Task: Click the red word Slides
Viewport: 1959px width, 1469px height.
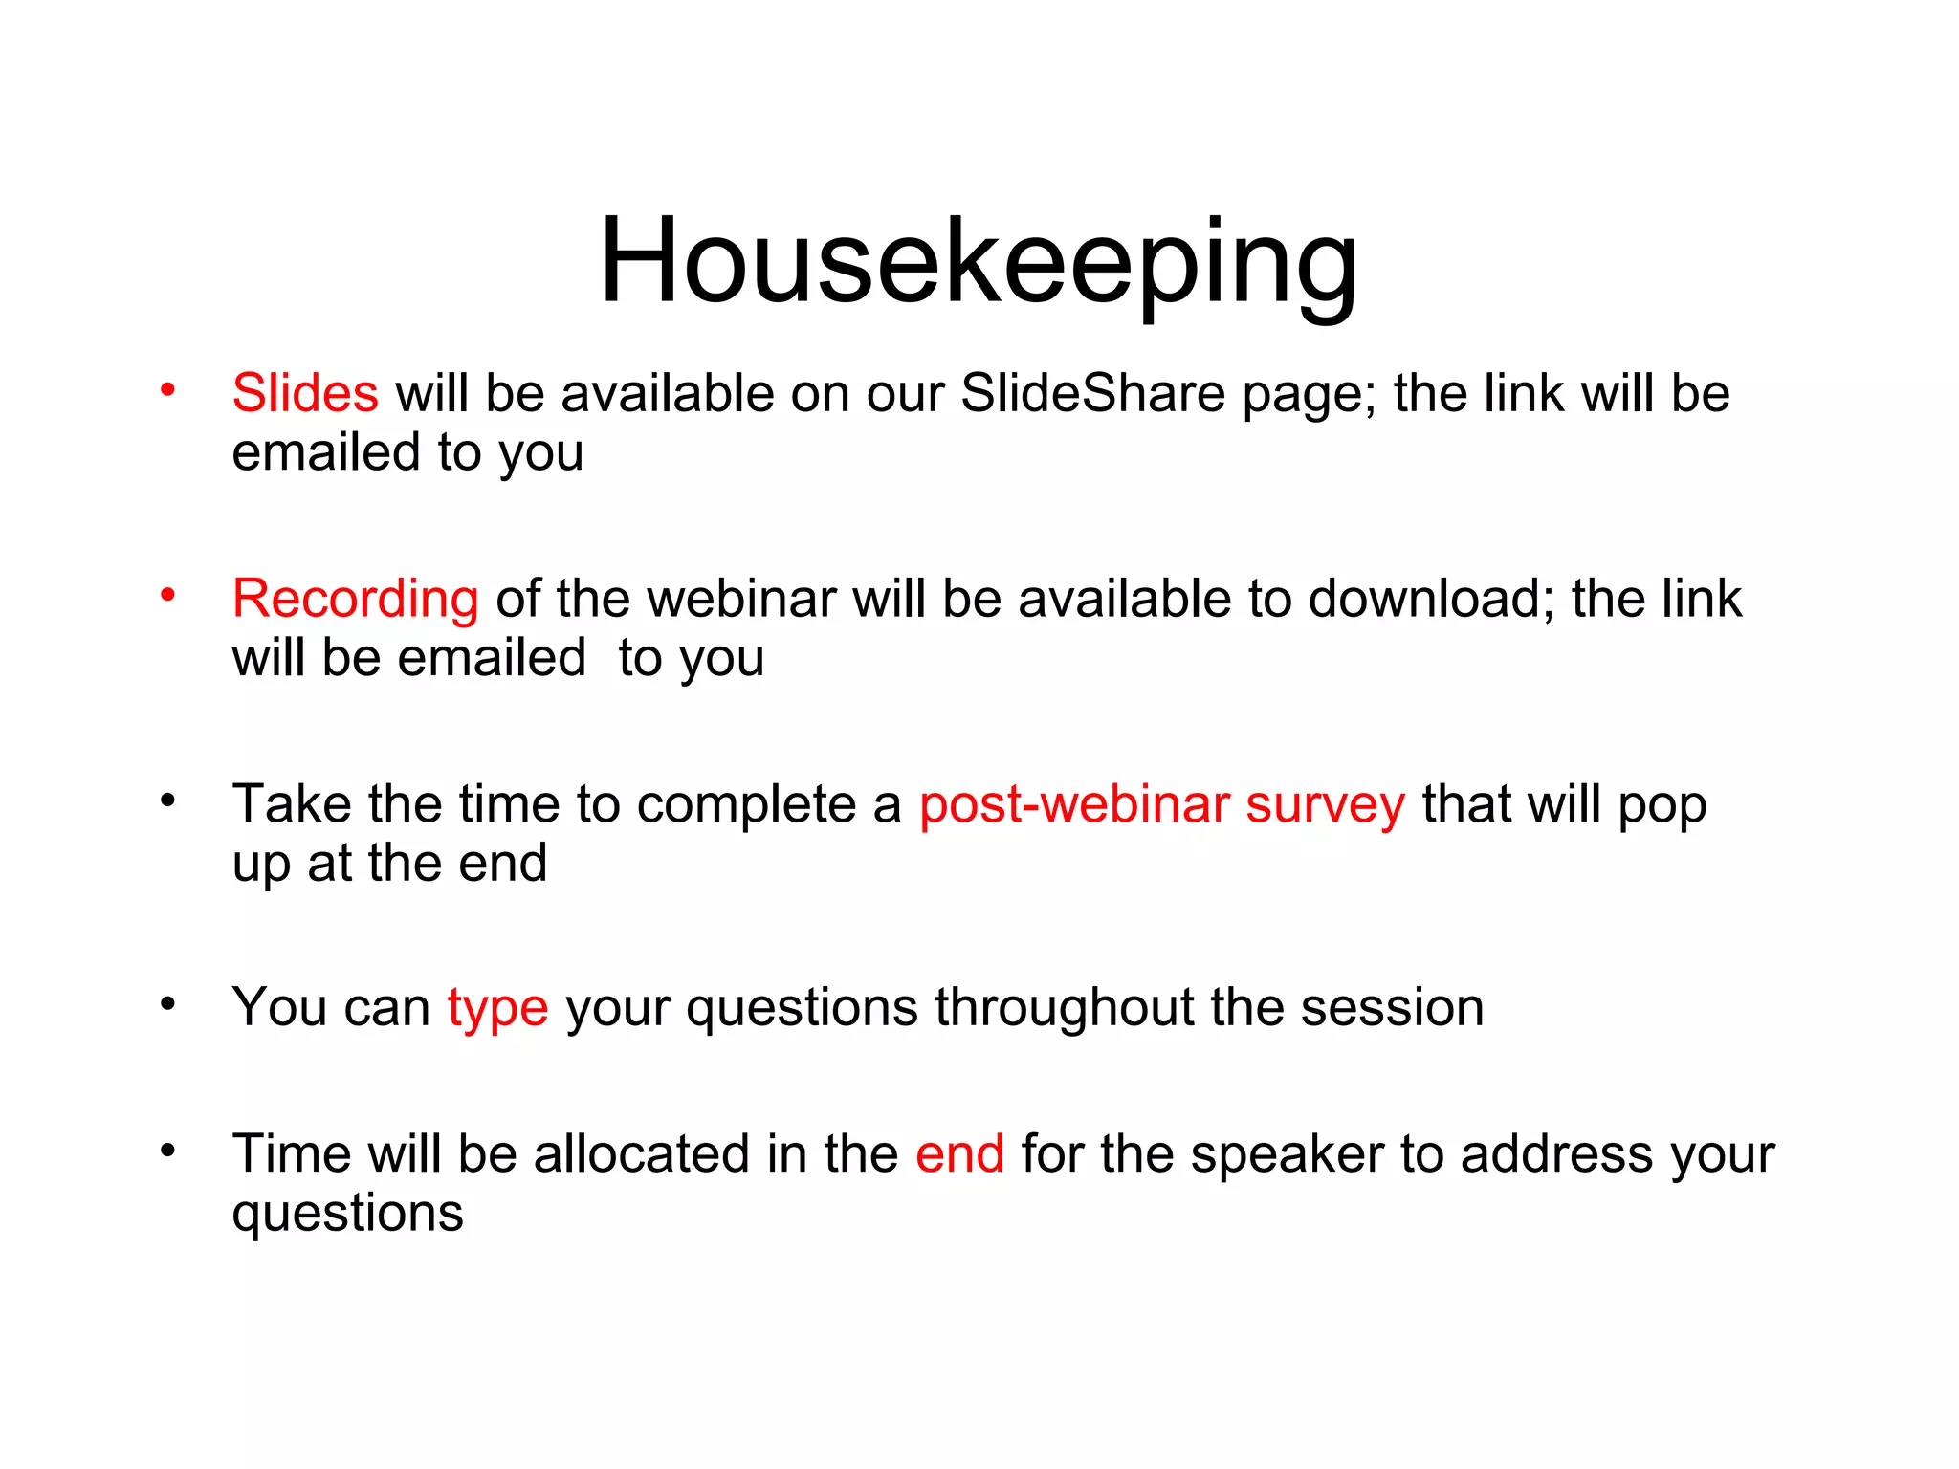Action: pyautogui.click(x=305, y=393)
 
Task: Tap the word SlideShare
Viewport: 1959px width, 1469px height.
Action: pyautogui.click(x=1092, y=393)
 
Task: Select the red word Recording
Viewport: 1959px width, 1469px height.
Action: pyautogui.click(x=355, y=599)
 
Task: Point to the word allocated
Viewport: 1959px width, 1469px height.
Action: pyautogui.click(x=641, y=1153)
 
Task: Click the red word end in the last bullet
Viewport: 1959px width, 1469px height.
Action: pyautogui.click(x=959, y=1153)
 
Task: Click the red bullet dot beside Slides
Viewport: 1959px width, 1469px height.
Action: pyautogui.click(x=168, y=390)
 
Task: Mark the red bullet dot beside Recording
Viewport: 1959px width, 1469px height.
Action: pyautogui.click(x=168, y=595)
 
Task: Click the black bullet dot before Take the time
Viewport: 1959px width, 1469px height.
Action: pyautogui.click(x=168, y=800)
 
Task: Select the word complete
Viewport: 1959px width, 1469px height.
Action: pyautogui.click(x=747, y=805)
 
